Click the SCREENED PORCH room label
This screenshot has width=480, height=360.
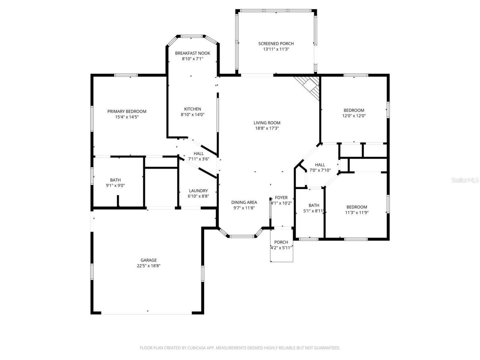tap(276, 43)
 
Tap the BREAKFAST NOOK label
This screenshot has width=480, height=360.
tap(193, 53)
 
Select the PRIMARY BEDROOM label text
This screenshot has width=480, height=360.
tap(127, 111)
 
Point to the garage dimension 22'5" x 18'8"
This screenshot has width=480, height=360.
tap(148, 266)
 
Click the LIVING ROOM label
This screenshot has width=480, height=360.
tap(267, 123)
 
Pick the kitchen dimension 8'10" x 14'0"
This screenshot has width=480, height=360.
tap(193, 115)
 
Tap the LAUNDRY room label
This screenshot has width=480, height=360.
tap(198, 190)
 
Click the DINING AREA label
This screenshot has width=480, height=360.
tap(244, 202)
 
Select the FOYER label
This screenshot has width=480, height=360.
tap(281, 198)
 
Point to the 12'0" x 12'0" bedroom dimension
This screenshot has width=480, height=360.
tap(354, 116)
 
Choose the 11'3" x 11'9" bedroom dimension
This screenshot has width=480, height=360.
tap(357, 213)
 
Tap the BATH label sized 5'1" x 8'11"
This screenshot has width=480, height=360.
tap(314, 205)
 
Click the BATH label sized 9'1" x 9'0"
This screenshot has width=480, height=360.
tap(115, 180)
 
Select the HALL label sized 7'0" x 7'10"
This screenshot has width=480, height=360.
tap(320, 165)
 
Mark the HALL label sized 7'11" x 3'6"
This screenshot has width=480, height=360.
tap(199, 153)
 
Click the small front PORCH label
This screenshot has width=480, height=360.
tap(281, 242)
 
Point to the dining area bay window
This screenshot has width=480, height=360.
tap(242, 236)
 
